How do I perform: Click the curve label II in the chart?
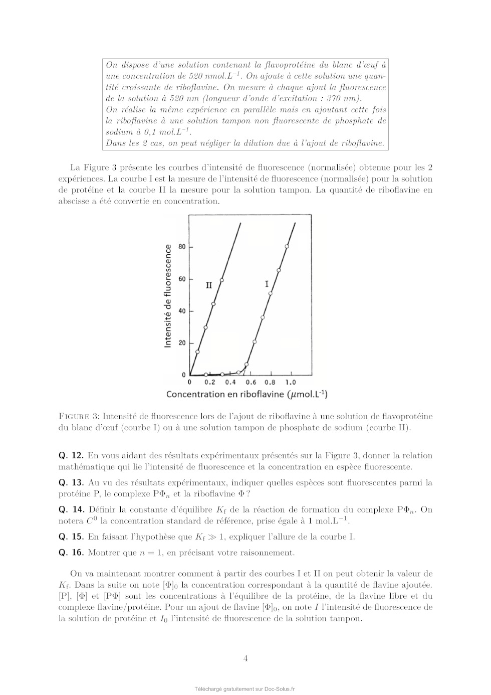click(x=209, y=285)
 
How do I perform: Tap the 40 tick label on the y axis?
click(x=182, y=311)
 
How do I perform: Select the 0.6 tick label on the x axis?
click(x=251, y=383)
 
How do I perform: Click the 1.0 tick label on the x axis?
click(x=291, y=383)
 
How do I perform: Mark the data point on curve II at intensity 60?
click(x=221, y=280)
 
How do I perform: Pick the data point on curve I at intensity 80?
click(x=287, y=246)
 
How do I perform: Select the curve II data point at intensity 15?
click(x=197, y=352)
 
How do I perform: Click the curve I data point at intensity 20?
click(x=255, y=341)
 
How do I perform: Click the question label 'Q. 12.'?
click(x=71, y=456)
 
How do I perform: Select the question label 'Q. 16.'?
click(x=71, y=553)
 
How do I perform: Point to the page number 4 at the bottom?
click(x=245, y=658)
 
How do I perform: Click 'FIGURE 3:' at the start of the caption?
click(x=79, y=417)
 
